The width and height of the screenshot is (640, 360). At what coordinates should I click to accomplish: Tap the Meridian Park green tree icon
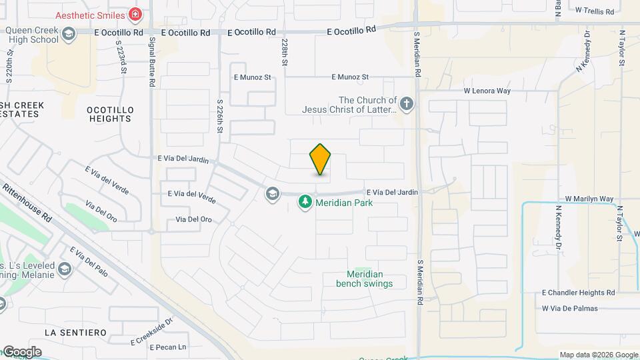pos(305,201)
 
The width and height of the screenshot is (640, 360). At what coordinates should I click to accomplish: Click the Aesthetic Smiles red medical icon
pos(136,14)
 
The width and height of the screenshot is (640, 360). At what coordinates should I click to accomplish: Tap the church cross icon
pos(407,103)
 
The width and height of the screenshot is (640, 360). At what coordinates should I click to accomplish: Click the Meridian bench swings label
pos(365,279)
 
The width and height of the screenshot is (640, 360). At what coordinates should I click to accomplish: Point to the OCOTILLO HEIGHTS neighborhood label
pos(110,114)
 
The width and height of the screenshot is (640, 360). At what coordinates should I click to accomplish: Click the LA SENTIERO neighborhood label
pos(75,332)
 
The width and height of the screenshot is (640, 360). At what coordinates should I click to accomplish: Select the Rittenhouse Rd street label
pos(27,203)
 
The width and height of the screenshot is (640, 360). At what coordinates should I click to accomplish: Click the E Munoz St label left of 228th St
pos(252,77)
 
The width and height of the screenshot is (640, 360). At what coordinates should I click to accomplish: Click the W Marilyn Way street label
pos(589,199)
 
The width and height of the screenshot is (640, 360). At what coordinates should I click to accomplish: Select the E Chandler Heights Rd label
pos(578,293)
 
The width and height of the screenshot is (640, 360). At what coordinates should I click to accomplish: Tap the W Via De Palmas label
pos(570,308)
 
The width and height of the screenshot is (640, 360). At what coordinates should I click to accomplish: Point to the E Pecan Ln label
pos(167,347)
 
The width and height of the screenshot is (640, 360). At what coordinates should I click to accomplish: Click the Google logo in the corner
pos(21,352)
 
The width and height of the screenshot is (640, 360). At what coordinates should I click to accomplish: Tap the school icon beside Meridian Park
pos(272,194)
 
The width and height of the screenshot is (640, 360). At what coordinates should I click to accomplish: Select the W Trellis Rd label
pos(598,11)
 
